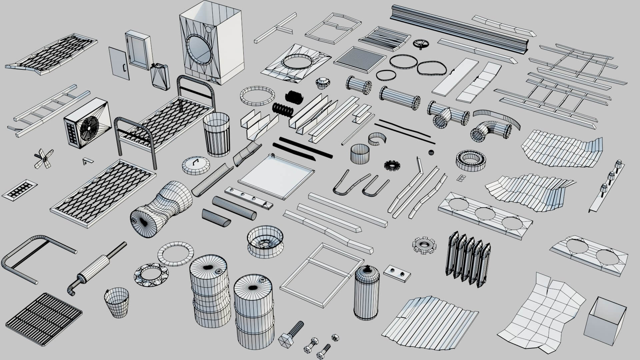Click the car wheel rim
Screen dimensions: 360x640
point(265,241)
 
